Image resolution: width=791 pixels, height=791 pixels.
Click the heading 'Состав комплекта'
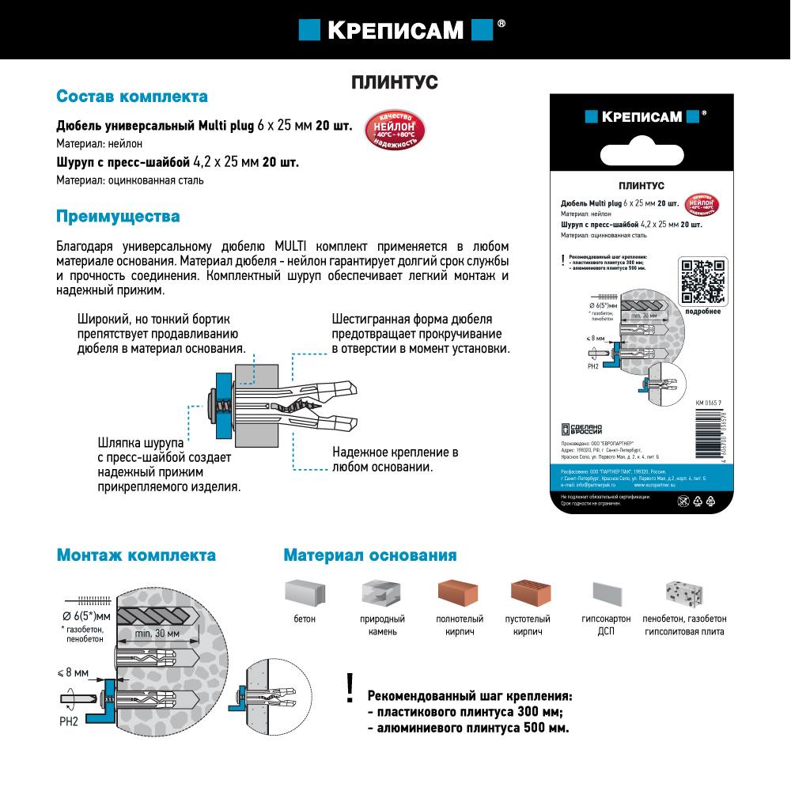(x=132, y=97)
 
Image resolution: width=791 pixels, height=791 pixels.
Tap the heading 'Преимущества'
(x=118, y=216)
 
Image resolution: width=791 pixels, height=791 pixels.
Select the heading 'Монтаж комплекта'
(x=136, y=555)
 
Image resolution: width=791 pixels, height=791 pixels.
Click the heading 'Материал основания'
(x=369, y=555)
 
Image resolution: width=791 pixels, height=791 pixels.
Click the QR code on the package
(x=702, y=282)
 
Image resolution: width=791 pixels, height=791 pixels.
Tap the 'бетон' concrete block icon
(x=304, y=592)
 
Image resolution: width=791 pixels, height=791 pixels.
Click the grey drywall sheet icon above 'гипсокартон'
(x=607, y=594)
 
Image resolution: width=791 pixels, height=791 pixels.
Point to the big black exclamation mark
(x=350, y=689)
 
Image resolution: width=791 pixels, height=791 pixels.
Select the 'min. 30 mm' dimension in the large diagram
(x=157, y=634)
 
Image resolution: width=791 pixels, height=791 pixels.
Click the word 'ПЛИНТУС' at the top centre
(x=394, y=82)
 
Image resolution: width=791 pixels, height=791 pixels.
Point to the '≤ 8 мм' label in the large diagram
(x=73, y=672)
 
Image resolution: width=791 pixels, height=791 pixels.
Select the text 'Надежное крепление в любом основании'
(x=395, y=460)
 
